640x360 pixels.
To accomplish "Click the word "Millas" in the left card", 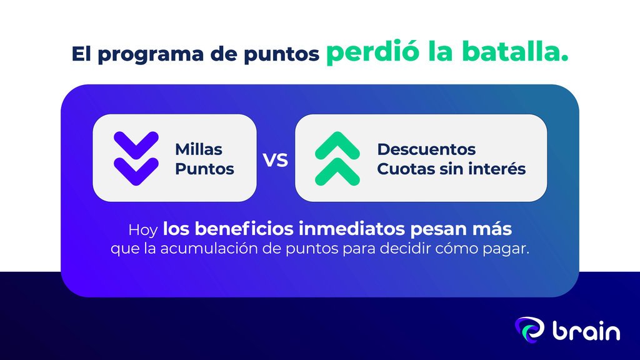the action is [199, 149].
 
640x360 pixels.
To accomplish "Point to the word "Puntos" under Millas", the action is [204, 169].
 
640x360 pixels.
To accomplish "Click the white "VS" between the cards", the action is [276, 161].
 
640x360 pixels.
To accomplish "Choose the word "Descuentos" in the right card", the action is [426, 149].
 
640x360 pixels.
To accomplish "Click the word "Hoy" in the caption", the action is [143, 231].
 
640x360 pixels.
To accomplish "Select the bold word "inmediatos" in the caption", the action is [352, 229].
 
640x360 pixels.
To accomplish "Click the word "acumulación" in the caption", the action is [209, 248].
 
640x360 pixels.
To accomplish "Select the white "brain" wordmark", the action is [586, 330].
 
